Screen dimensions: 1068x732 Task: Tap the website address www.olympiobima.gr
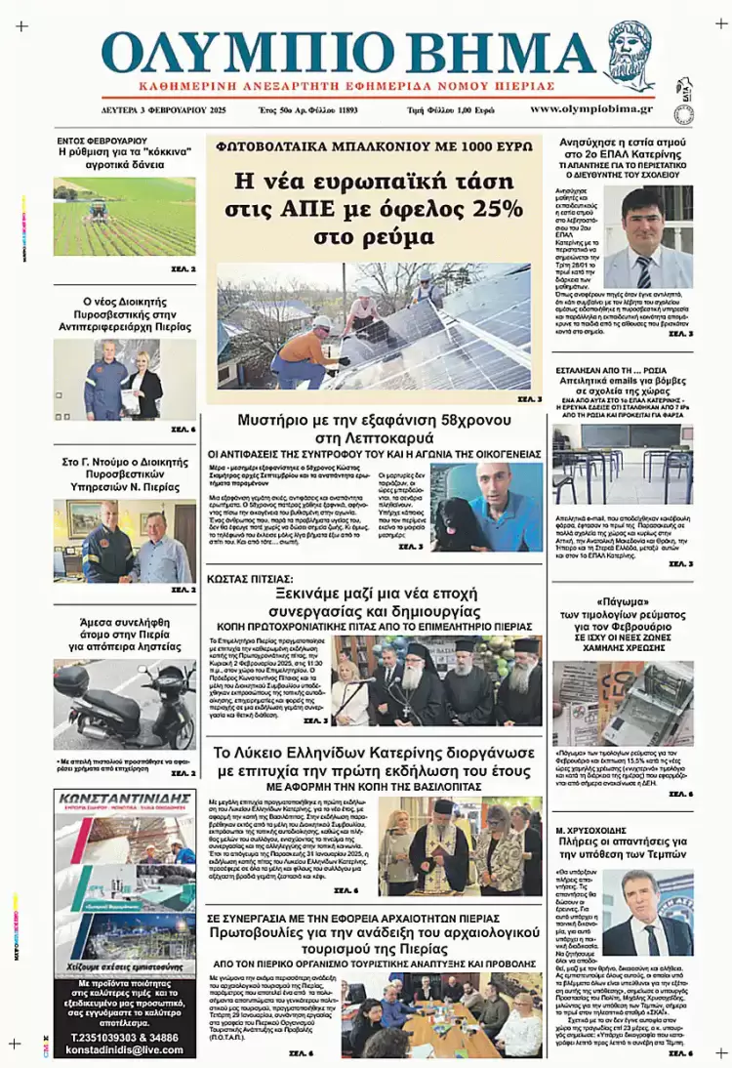(x=591, y=109)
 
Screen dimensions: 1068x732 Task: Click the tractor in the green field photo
(x=99, y=208)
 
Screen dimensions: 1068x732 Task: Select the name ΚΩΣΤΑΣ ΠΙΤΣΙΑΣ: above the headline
(x=245, y=578)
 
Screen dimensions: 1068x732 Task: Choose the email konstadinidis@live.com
(x=124, y=1050)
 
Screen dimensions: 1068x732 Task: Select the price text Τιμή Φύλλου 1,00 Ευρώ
(x=450, y=110)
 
